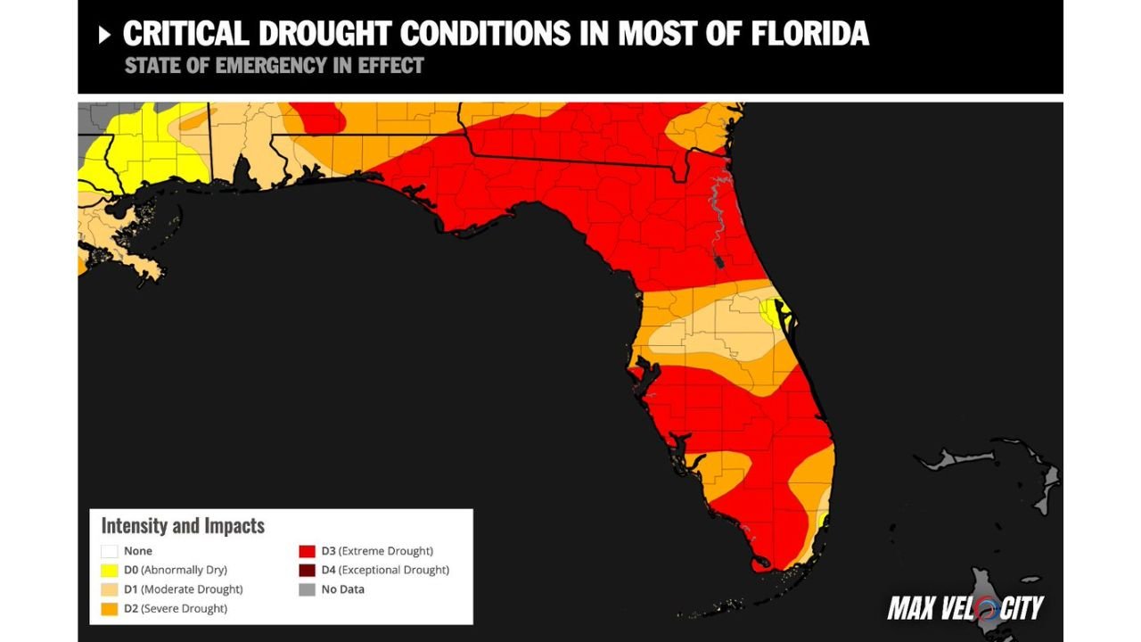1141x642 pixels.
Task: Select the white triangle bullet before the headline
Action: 104,35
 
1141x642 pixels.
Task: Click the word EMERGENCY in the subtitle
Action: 267,66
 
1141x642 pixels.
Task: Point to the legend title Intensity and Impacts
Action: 183,525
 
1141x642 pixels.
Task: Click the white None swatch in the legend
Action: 110,551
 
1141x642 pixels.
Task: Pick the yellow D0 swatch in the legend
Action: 110,570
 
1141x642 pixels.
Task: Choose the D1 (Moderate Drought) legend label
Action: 183,589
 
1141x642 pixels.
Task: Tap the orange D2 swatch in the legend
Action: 110,609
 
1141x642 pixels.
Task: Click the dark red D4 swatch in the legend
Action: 307,570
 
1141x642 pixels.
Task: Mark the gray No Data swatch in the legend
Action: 307,589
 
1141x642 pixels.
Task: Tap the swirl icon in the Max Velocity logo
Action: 986,609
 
